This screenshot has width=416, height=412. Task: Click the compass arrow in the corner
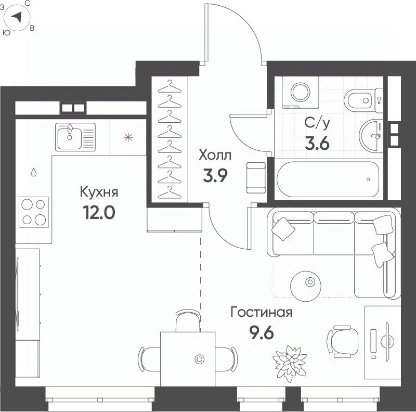pos(17,18)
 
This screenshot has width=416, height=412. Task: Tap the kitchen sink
pos(75,137)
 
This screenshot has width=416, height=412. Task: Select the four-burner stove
pos(34,212)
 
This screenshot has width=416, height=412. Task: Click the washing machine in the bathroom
pos(301,93)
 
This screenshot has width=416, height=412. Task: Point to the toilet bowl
pos(363,100)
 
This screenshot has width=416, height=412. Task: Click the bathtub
pos(328,179)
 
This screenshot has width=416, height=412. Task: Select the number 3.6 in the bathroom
pos(317,144)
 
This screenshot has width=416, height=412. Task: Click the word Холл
pos(215,155)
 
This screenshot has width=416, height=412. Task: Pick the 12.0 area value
pos(99,212)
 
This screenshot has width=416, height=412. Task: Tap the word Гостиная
pos(262,312)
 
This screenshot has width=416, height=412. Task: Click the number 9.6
pos(262,332)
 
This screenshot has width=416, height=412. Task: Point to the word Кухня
pos(99,192)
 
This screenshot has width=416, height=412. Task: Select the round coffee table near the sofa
pos(306,286)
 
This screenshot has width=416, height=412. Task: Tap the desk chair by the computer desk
pos(342,342)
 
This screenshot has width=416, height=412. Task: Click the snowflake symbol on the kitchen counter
pos(128,137)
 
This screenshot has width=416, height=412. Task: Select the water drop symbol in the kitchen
pos(34,172)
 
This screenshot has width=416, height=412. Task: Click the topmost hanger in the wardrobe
pos(170,87)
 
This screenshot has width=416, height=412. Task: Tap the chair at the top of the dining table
pos(188,320)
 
